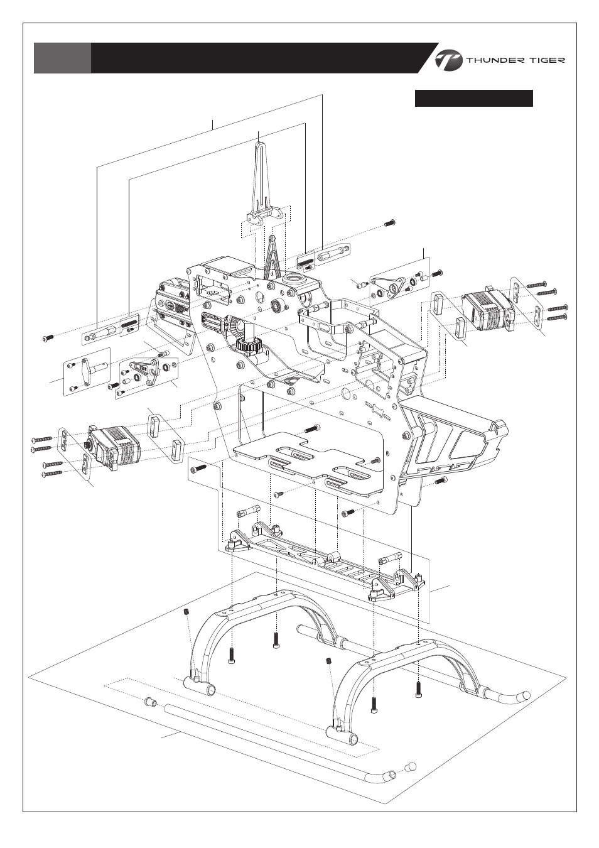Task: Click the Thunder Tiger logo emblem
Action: point(449,60)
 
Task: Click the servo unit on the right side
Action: point(488,307)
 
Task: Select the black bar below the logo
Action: point(473,98)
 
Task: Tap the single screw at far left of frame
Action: point(46,338)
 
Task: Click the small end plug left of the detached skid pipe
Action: point(151,702)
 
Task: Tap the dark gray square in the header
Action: point(62,58)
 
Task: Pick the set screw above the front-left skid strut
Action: point(186,612)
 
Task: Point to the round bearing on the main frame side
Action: point(276,307)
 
